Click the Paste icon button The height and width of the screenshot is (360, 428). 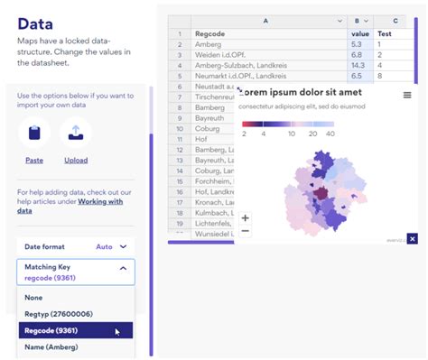click(x=34, y=134)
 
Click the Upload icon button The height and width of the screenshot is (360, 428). click(x=76, y=134)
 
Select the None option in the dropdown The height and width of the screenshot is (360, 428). click(x=33, y=297)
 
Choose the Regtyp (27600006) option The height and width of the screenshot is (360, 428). click(x=60, y=314)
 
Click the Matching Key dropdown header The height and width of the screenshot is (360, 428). click(x=76, y=272)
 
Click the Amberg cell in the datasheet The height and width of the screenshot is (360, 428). click(x=209, y=43)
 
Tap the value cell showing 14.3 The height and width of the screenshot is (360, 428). click(x=357, y=66)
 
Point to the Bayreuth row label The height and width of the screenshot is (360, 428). click(x=209, y=119)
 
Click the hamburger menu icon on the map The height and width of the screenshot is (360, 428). click(x=407, y=95)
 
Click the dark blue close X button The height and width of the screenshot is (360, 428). click(x=413, y=238)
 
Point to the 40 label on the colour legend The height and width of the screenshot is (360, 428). click(x=331, y=133)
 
